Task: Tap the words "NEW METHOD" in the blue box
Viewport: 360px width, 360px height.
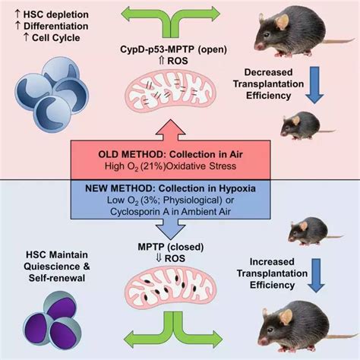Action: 119,188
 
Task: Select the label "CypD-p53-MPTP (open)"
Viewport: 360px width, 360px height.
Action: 174,49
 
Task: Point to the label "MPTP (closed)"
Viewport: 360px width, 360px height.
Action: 171,247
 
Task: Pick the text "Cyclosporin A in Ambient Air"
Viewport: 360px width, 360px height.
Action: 170,212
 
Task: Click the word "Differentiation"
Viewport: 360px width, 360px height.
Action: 56,26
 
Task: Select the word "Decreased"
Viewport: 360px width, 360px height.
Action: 268,72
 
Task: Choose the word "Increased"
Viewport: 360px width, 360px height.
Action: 272,261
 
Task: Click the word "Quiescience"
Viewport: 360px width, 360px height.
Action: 49,267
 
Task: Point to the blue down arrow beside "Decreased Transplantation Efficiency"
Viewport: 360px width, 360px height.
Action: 314,85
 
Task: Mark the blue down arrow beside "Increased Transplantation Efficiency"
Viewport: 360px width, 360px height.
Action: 317,276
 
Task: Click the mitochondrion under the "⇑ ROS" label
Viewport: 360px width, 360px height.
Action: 171,91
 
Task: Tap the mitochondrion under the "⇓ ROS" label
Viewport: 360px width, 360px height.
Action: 171,286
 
